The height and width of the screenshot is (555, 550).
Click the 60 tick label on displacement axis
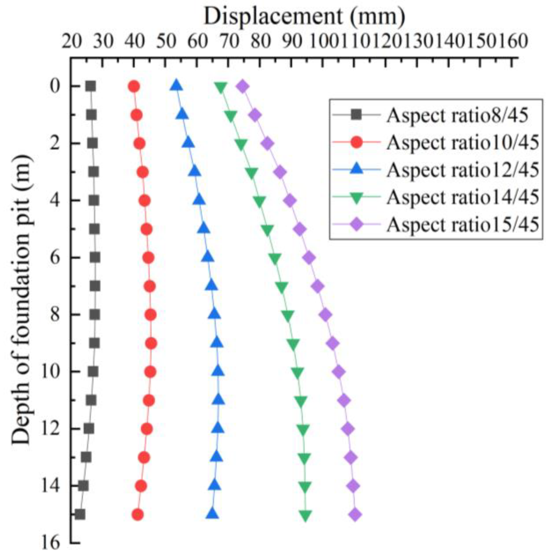click(198, 41)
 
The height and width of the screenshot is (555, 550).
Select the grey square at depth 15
click(80, 515)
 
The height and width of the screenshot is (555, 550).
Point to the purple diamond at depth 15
click(356, 515)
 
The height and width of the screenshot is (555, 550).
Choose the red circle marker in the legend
click(356, 143)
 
